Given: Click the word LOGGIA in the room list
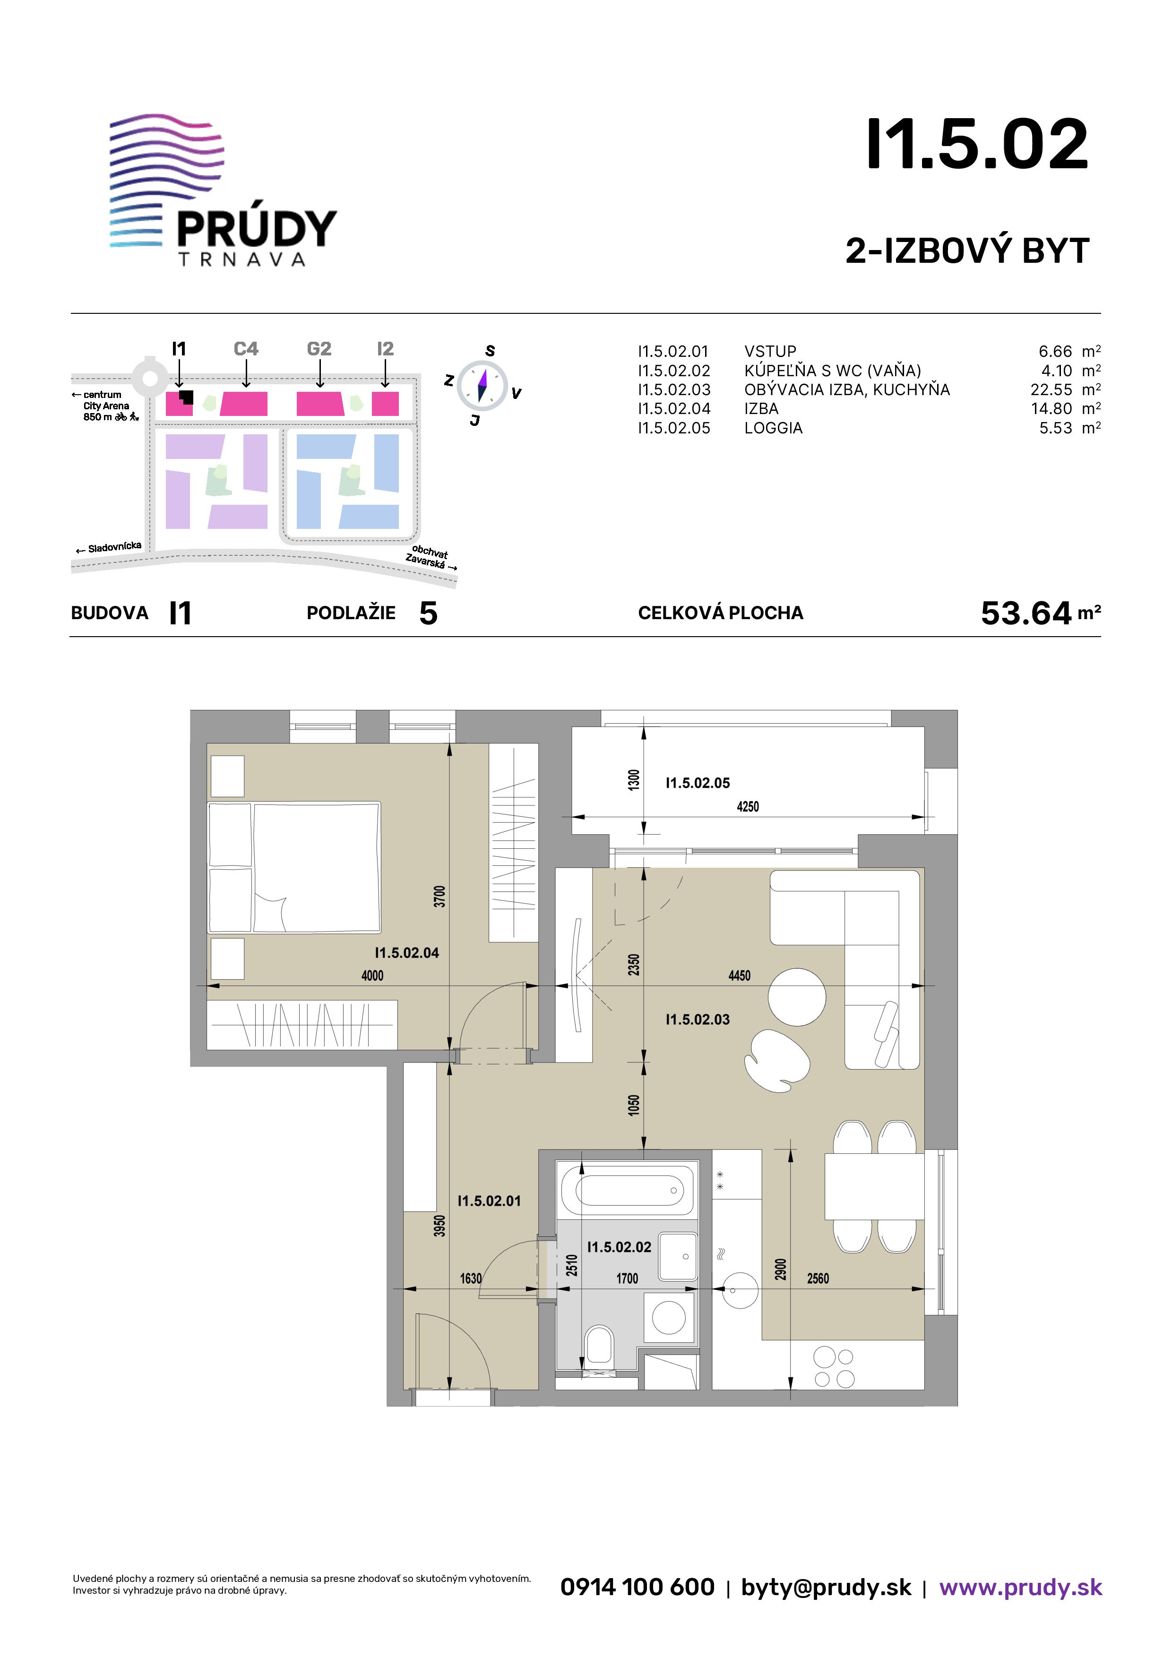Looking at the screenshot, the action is [774, 428].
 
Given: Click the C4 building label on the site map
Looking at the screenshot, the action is [246, 349].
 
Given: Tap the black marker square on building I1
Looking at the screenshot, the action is [187, 397].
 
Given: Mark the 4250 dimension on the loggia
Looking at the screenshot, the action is [748, 807].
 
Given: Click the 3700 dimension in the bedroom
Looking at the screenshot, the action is [440, 896].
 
